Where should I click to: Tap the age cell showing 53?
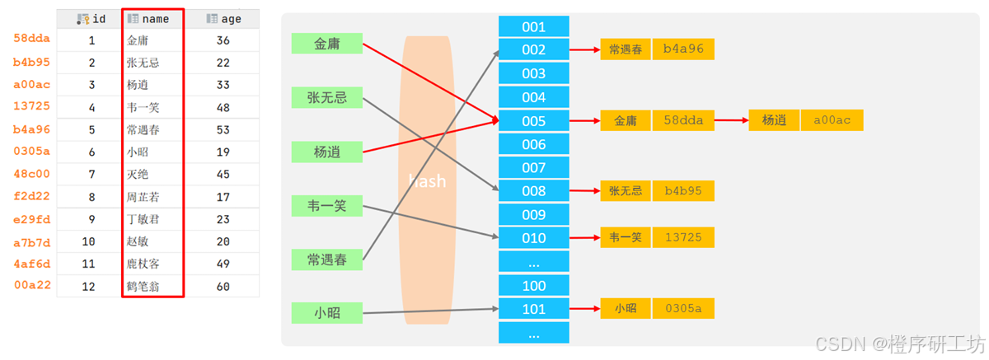223,129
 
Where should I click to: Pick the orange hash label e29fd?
32,219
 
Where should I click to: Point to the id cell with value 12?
91,287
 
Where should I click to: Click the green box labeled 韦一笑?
327,206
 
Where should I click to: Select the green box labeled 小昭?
327,312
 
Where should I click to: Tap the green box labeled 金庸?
327,43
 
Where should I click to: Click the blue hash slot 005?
533,121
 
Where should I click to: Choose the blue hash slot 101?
533,309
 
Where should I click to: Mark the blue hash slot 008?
533,191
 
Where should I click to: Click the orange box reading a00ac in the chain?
832,120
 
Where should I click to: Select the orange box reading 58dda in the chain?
683,120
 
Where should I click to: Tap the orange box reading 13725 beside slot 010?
683,238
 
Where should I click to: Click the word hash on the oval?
427,180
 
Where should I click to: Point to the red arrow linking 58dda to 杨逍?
730,120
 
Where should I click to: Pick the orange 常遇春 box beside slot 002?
626,49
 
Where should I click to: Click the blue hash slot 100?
533,286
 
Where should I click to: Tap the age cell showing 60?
223,287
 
